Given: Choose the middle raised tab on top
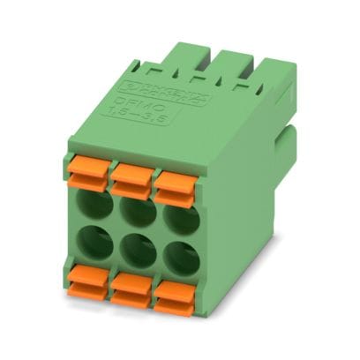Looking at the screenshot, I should coord(211,66).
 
